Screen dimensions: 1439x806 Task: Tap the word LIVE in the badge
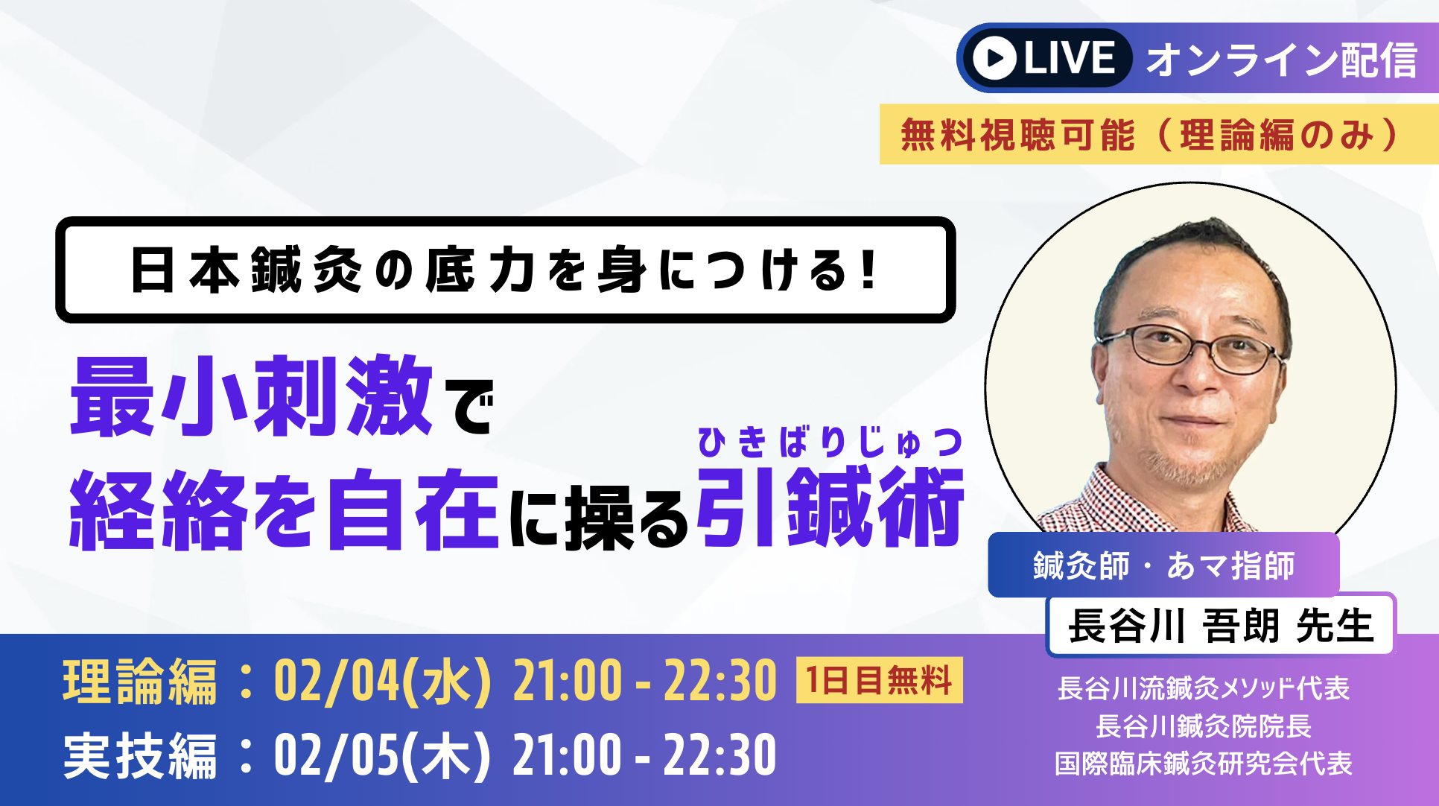pyautogui.click(x=1070, y=58)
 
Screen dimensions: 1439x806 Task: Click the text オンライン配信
pyautogui.click(x=1281, y=60)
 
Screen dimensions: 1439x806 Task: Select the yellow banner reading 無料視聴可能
pyautogui.click(x=1159, y=134)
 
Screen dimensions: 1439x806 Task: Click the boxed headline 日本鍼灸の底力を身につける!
pyautogui.click(x=506, y=270)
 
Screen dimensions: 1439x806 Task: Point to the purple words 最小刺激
pyautogui.click(x=252, y=396)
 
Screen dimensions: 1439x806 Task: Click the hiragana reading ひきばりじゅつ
pyautogui.click(x=830, y=442)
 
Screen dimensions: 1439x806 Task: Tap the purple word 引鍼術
pyautogui.click(x=830, y=507)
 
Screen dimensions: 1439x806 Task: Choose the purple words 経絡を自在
pyautogui.click(x=284, y=511)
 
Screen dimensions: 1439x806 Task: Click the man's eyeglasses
pyautogui.click(x=1192, y=349)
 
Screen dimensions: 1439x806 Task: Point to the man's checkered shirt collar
pyautogui.click(x=1162, y=499)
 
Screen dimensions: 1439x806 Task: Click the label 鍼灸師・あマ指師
pyautogui.click(x=1163, y=565)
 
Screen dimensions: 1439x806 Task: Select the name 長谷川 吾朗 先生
pyautogui.click(x=1221, y=625)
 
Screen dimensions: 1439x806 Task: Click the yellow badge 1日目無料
pyautogui.click(x=880, y=680)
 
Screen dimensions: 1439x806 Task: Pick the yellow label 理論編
pyautogui.click(x=140, y=682)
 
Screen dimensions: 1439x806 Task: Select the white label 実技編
pyautogui.click(x=140, y=756)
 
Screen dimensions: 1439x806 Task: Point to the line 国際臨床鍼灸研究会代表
pyautogui.click(x=1204, y=764)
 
